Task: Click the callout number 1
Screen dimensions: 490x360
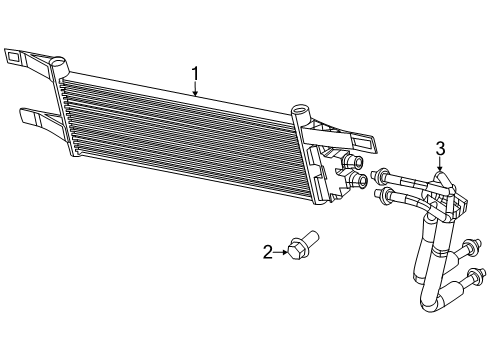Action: click(x=196, y=73)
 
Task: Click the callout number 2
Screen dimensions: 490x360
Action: click(x=268, y=252)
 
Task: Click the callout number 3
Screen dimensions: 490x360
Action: click(x=439, y=149)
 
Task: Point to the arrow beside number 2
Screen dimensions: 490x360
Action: click(x=281, y=252)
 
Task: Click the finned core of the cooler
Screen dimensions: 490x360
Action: click(x=180, y=135)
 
